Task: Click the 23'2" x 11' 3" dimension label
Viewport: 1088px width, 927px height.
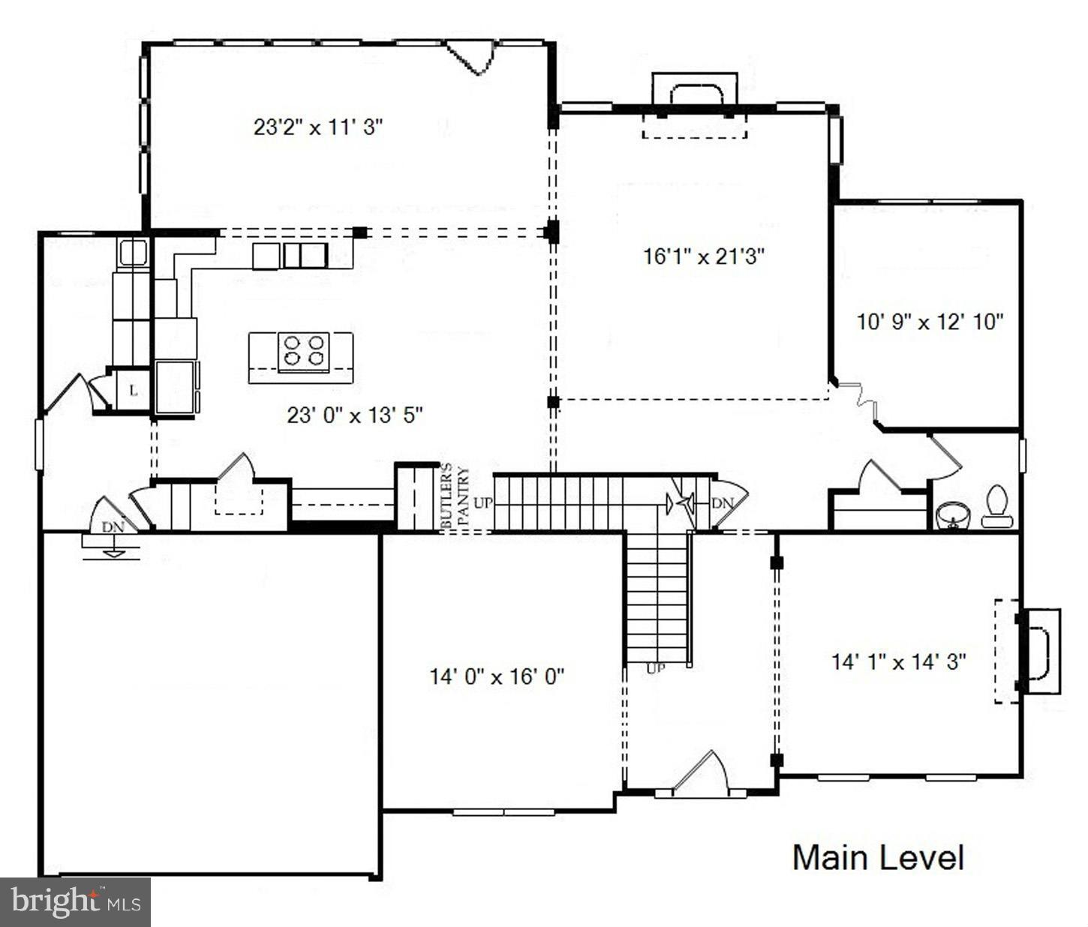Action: coord(318,127)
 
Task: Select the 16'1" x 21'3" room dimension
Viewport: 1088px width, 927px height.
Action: coord(703,256)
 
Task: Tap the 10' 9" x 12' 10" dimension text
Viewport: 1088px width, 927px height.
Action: coord(930,322)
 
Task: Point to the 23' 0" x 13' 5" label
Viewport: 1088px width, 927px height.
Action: coord(355,414)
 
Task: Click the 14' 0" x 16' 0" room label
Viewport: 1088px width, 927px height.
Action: coord(497,676)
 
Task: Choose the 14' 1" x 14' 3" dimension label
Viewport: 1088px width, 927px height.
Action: coord(898,661)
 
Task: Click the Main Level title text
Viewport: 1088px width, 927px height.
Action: coord(878,857)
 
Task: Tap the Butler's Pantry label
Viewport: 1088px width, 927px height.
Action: coord(455,498)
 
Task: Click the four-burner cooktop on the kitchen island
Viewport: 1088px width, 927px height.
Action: coord(304,352)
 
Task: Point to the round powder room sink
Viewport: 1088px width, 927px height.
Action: coord(952,515)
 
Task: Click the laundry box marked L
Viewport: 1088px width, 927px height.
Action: coord(134,391)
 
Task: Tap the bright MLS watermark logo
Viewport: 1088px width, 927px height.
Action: coord(75,901)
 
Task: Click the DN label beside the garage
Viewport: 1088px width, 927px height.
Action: coord(113,526)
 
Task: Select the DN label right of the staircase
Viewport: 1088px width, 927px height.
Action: coord(722,502)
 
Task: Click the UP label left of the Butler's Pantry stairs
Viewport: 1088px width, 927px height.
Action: coord(482,502)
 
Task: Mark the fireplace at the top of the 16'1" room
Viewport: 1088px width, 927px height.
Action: coord(695,105)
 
